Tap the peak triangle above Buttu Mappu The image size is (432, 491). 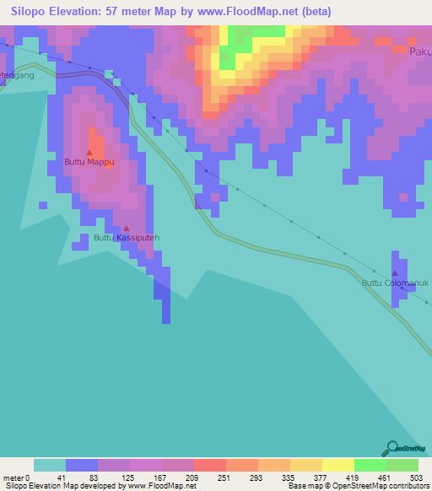89,152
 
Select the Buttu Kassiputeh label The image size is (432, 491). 126,238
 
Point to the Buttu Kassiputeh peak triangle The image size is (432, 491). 127,228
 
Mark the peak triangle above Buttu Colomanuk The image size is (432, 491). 394,273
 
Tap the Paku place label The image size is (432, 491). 419,51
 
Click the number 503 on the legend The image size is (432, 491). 418,478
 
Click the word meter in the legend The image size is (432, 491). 14,478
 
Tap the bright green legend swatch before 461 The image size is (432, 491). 370,465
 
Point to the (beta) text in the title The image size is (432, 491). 313,12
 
